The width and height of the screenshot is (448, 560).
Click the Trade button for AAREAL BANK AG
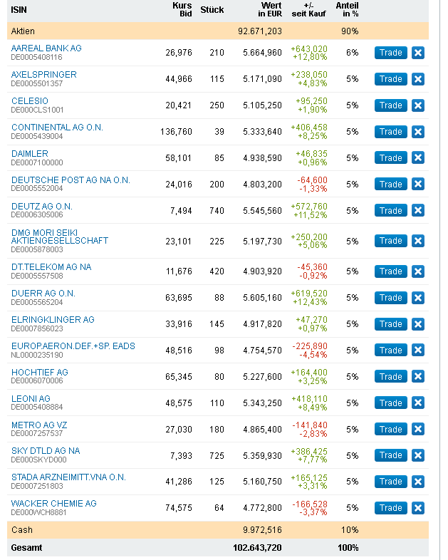[x=390, y=53]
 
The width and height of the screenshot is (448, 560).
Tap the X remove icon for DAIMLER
[x=418, y=157]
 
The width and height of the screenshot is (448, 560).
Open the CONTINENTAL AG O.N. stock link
[x=57, y=128]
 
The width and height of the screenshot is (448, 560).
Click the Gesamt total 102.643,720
[x=258, y=548]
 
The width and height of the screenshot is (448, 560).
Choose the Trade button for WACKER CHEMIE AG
[x=390, y=508]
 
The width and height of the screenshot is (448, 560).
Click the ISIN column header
[x=19, y=10]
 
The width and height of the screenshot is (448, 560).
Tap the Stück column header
[x=212, y=10]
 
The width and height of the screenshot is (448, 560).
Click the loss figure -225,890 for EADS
[x=310, y=346]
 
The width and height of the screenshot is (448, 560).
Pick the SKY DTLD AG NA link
[x=46, y=451]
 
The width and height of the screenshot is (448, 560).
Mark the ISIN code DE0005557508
[x=37, y=276]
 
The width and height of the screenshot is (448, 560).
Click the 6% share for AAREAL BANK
[x=353, y=53]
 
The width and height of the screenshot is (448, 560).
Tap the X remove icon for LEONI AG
[x=418, y=403]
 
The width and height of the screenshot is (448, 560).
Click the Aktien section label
[x=23, y=31]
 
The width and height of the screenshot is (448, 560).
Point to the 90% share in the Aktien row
[x=350, y=31]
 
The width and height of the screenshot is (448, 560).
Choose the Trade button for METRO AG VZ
[x=390, y=429]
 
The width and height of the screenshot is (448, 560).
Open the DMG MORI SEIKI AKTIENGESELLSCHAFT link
[x=60, y=237]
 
